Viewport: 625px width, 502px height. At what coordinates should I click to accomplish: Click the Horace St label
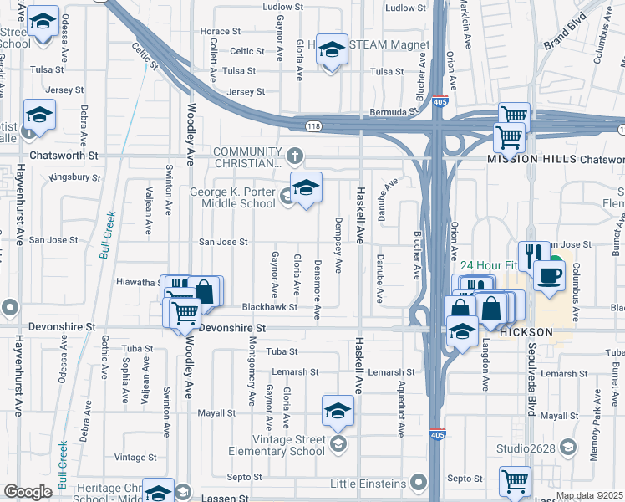click(221, 32)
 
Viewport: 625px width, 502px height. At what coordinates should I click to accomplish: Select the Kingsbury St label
click(74, 177)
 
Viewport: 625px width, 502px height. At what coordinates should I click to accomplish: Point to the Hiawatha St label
click(138, 282)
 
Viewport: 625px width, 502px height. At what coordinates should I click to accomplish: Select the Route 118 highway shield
click(312, 125)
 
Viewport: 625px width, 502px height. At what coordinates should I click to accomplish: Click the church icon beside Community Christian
click(294, 156)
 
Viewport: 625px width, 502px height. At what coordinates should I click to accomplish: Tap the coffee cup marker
click(550, 275)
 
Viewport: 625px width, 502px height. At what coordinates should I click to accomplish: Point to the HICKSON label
click(526, 332)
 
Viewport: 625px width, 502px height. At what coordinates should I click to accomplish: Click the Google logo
click(28, 492)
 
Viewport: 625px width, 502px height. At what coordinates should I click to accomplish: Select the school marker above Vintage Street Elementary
click(338, 411)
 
